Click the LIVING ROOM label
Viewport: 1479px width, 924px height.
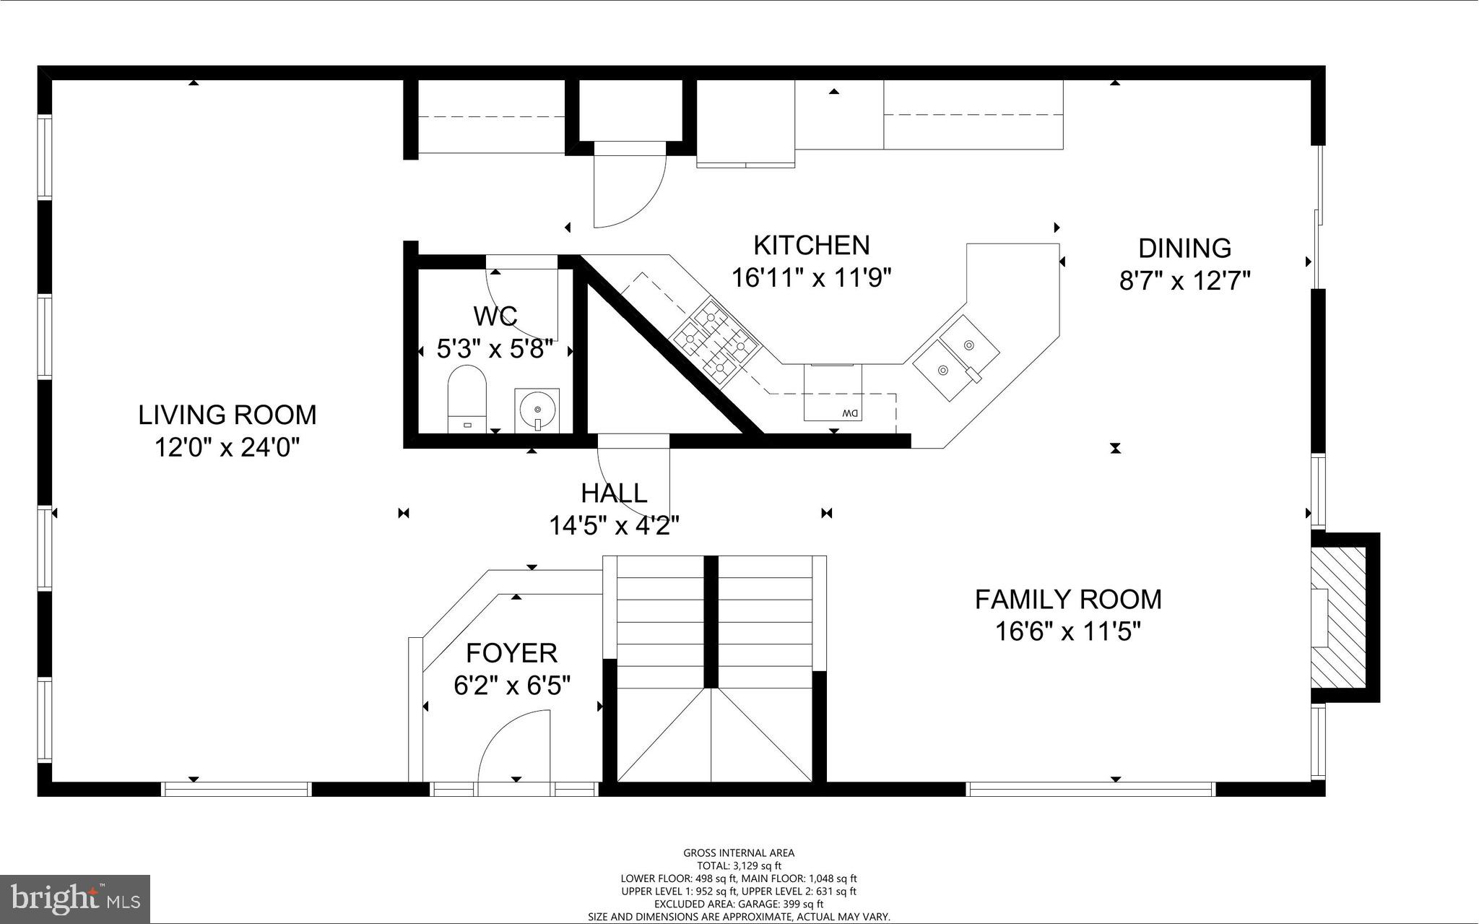click(227, 415)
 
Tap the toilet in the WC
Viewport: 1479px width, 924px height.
click(467, 398)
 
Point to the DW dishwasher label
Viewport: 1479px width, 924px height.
click(849, 413)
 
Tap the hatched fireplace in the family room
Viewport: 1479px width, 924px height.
click(1339, 626)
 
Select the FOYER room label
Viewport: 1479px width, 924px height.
click(511, 653)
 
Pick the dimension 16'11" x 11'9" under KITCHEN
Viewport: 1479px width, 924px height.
click(812, 278)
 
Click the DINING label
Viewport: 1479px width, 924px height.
click(1184, 249)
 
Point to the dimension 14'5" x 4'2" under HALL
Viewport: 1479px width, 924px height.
click(614, 526)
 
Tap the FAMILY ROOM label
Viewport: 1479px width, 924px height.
click(1068, 600)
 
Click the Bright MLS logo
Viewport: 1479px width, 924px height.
click(75, 899)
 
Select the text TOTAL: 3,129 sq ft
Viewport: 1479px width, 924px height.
click(739, 865)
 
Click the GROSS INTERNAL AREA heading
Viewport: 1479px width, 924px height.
click(739, 853)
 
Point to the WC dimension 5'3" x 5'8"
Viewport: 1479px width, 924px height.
click(495, 350)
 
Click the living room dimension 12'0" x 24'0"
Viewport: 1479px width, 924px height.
click(227, 449)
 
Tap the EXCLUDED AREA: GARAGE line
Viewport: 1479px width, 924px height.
click(739, 904)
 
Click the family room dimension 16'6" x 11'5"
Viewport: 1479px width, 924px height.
click(1067, 633)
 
